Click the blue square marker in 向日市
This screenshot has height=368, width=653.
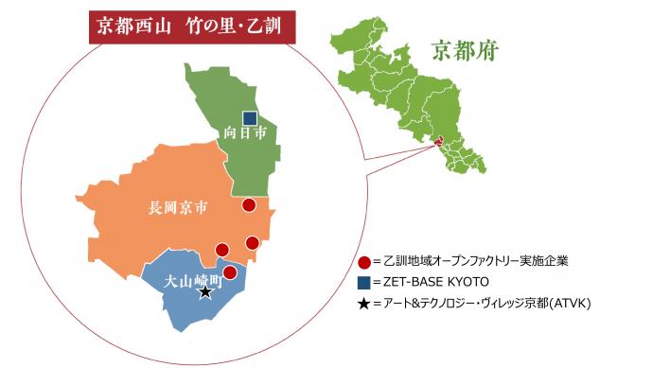[x=250, y=118]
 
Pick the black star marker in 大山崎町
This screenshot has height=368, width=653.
[x=205, y=293]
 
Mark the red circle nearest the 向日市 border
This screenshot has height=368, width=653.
[x=249, y=204]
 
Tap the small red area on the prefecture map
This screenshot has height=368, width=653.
[x=438, y=143]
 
